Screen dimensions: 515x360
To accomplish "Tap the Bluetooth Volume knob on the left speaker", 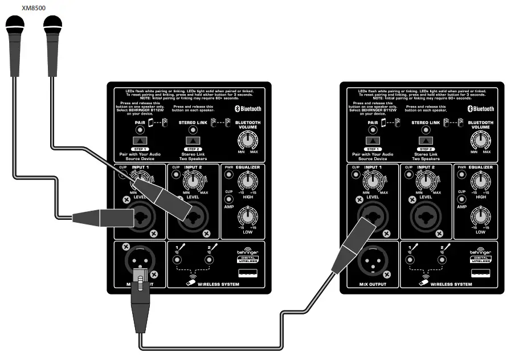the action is [248, 140].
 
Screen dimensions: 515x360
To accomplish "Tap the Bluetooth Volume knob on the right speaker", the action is [480, 140].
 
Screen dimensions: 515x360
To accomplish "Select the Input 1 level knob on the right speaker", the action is [372, 182].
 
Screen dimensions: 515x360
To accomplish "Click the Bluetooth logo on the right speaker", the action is [481, 109].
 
